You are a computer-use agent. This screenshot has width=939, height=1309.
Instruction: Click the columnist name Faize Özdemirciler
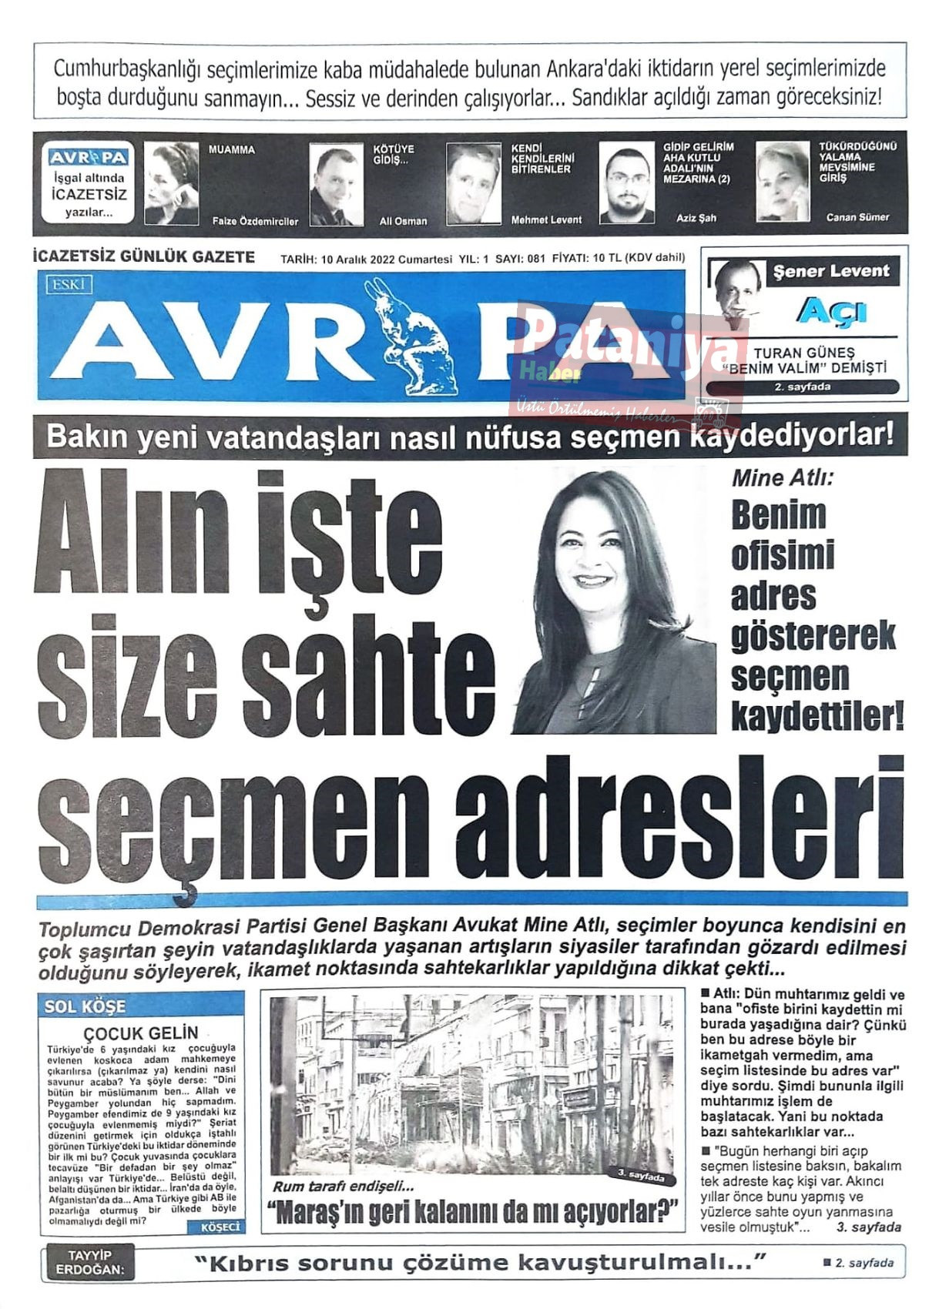tap(255, 221)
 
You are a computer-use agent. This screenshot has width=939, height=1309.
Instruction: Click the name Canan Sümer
tap(857, 217)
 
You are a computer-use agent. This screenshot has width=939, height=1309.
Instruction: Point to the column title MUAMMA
tap(232, 150)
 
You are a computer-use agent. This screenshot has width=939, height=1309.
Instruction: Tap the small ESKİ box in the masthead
tap(69, 285)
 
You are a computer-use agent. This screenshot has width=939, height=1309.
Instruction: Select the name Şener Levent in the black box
tap(831, 271)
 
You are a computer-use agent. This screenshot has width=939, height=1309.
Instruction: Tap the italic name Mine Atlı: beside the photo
tap(782, 478)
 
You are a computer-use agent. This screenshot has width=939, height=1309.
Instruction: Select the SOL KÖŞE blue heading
tap(86, 1006)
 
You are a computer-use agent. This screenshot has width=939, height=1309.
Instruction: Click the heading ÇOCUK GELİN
tap(141, 1033)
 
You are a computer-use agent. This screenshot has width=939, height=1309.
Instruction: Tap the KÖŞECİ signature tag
tap(220, 1227)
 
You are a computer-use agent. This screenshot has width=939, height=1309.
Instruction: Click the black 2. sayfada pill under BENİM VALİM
tap(802, 387)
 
